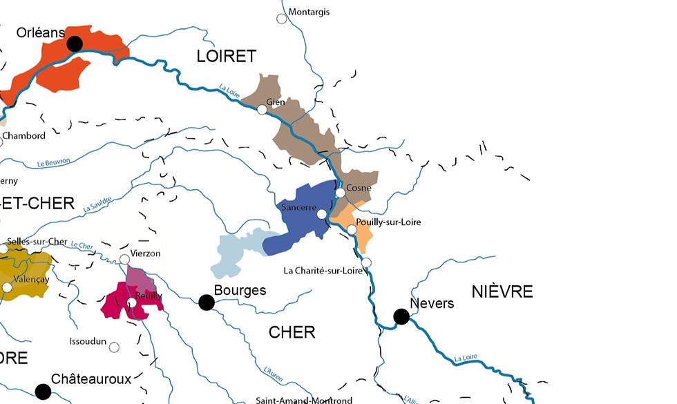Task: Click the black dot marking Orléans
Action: click(x=75, y=44)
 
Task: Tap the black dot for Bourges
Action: click(x=206, y=302)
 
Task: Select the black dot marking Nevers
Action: click(x=401, y=316)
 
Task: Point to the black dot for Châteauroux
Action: click(x=43, y=392)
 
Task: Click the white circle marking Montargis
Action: click(x=282, y=19)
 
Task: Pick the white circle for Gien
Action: click(x=262, y=109)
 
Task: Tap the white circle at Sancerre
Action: click(x=322, y=214)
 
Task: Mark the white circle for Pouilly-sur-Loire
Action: click(x=352, y=229)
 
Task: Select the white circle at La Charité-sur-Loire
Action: click(x=367, y=262)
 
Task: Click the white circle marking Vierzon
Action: click(x=124, y=259)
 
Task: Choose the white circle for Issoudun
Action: click(x=114, y=347)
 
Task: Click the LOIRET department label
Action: click(x=226, y=57)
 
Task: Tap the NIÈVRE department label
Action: click(x=502, y=291)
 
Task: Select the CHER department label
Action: click(x=292, y=332)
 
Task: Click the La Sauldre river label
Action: click(x=97, y=201)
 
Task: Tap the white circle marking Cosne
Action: click(x=340, y=193)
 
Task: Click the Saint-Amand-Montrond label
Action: click(x=304, y=400)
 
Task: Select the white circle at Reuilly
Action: click(x=131, y=302)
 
